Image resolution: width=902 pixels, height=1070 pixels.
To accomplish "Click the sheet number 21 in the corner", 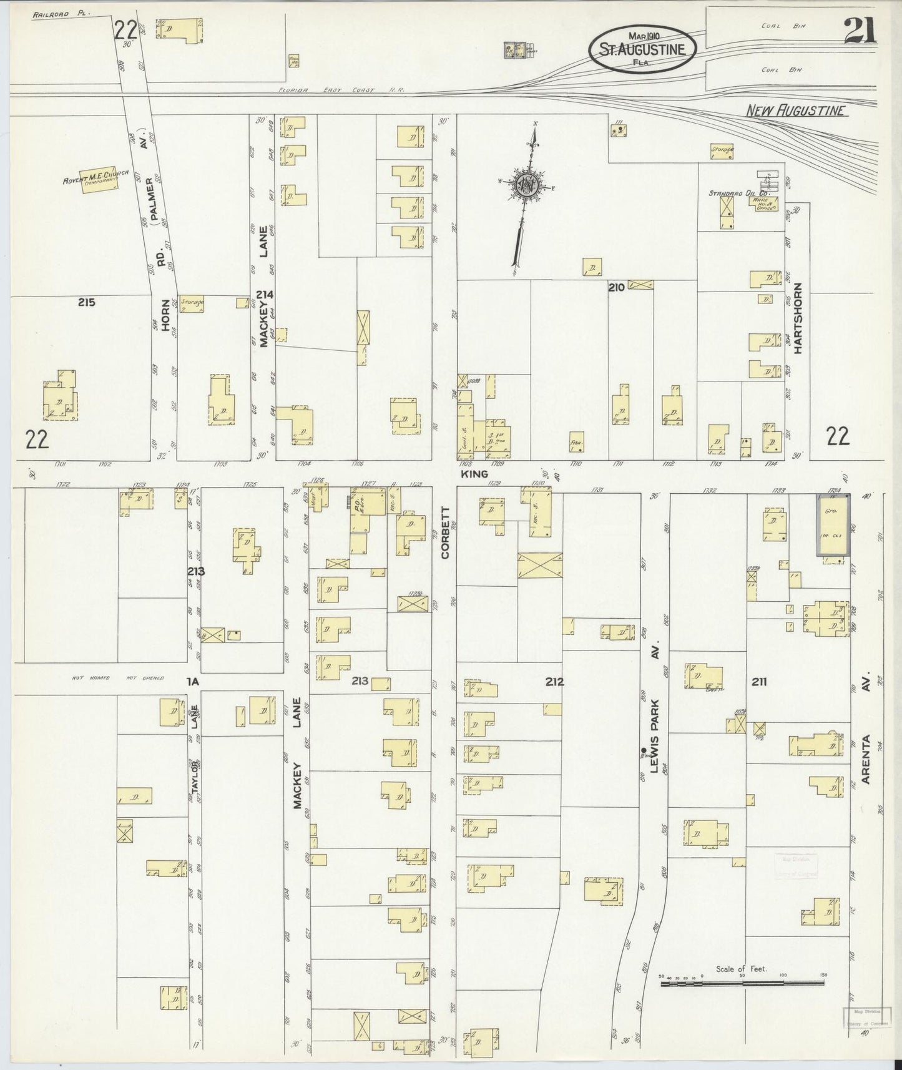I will pyautogui.click(x=860, y=30).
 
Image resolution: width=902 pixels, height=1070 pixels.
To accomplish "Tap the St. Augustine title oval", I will pyautogui.click(x=642, y=48).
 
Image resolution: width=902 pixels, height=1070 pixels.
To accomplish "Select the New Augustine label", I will pyautogui.click(x=796, y=111).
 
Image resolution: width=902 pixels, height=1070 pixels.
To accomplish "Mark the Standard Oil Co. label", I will pyautogui.click(x=734, y=194).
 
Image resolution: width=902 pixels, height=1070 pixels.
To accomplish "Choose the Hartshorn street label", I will pyautogui.click(x=798, y=325).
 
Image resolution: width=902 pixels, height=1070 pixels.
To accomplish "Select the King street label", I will pyautogui.click(x=473, y=474).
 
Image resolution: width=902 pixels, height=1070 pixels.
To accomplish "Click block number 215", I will pyautogui.click(x=86, y=303).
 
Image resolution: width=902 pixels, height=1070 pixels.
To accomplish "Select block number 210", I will pyautogui.click(x=617, y=288).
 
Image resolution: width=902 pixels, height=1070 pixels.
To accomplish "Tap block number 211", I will pyautogui.click(x=759, y=682).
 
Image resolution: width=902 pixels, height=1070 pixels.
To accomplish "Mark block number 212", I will pyautogui.click(x=554, y=682).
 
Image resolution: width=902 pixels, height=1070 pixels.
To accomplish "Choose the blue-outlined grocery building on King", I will pyautogui.click(x=833, y=524).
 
